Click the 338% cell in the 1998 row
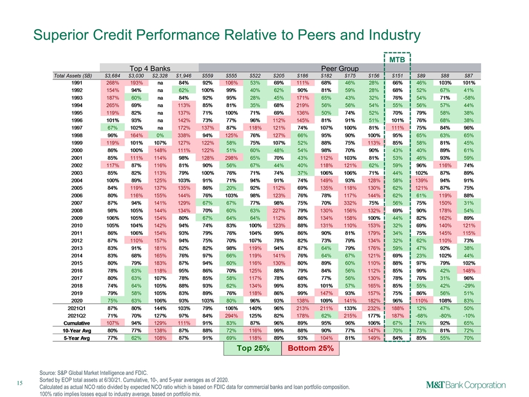(x=183, y=136)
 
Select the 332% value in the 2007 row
(x=350, y=203)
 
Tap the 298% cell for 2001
(x=231, y=158)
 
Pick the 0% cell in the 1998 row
(x=160, y=136)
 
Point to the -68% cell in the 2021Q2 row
(x=421, y=316)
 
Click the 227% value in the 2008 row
(x=279, y=211)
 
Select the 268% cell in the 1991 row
(x=112, y=83)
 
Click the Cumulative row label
(x=77, y=323)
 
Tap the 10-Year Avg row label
(x=77, y=331)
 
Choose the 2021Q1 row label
(x=77, y=308)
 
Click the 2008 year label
(x=77, y=211)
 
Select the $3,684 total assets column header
(x=112, y=76)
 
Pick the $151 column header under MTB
(x=397, y=76)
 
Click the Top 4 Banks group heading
(x=150, y=68)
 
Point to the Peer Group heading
(x=339, y=68)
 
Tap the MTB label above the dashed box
(x=397, y=60)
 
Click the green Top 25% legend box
(x=253, y=348)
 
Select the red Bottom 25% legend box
(x=310, y=348)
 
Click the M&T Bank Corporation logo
(x=466, y=385)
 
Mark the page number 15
(x=20, y=383)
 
